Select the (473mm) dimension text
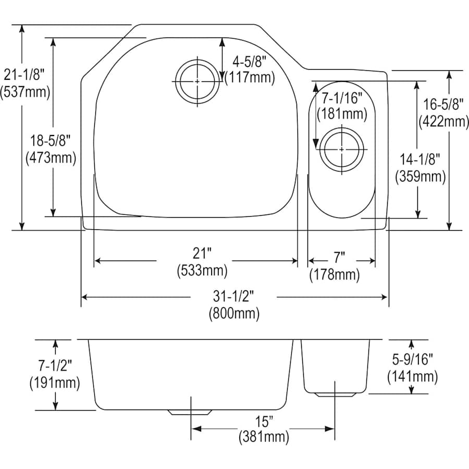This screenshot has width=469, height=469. coord(51,157)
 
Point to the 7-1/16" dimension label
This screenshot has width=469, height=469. coord(341,97)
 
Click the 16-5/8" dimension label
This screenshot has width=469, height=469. coord(443,105)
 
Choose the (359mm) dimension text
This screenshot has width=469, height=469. coord(421,177)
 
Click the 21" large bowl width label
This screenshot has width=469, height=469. coord(202,254)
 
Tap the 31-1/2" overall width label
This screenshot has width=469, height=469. coord(234,297)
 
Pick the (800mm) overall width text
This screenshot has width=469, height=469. coord(234,314)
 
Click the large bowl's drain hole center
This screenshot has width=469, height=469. coord(197,81)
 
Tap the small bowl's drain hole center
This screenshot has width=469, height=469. coord(341,149)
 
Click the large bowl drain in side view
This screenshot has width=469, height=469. coord(190,412)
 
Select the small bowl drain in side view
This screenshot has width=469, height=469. coord(334,394)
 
